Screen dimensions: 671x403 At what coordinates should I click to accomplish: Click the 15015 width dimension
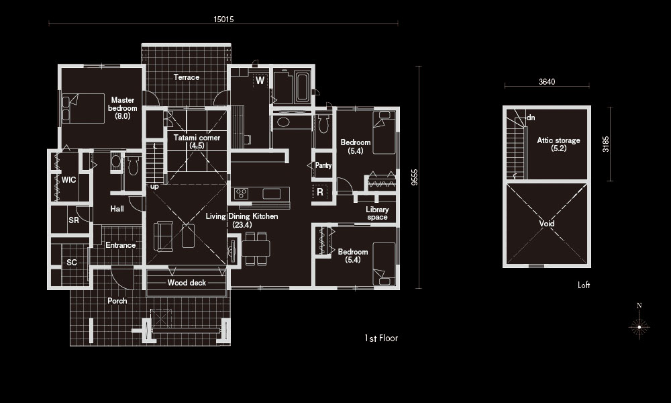pyautogui.click(x=223, y=19)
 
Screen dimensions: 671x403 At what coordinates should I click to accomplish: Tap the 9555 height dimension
pyautogui.click(x=414, y=177)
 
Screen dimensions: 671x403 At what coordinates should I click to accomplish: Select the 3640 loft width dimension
pyautogui.click(x=547, y=82)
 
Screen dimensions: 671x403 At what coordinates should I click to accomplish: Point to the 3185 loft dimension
pyautogui.click(x=605, y=144)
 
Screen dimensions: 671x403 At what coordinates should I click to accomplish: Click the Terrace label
pyautogui.click(x=186, y=77)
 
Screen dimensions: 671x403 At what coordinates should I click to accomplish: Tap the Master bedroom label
pyautogui.click(x=122, y=107)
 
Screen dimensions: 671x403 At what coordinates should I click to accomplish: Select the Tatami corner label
pyautogui.click(x=197, y=141)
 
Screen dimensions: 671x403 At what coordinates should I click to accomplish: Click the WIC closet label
pyautogui.click(x=69, y=180)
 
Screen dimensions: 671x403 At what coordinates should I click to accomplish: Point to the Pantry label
pyautogui.click(x=323, y=165)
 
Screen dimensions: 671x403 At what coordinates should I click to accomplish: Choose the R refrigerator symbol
pyautogui.click(x=320, y=192)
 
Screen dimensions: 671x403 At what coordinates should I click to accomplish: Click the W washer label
pyautogui.click(x=260, y=81)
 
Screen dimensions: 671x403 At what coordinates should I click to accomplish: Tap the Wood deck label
pyautogui.click(x=187, y=283)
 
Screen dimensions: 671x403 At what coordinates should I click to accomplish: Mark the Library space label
pyautogui.click(x=377, y=214)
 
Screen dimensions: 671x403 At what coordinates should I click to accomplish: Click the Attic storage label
pyautogui.click(x=558, y=144)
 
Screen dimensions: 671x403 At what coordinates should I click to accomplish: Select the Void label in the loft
pyautogui.click(x=547, y=224)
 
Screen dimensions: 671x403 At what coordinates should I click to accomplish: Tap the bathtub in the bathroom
pyautogui.click(x=303, y=88)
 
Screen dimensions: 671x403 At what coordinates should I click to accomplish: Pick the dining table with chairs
pyautogui.click(x=256, y=249)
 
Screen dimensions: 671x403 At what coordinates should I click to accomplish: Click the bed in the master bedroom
pyautogui.click(x=83, y=108)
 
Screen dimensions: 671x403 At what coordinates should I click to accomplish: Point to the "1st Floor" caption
pyautogui.click(x=381, y=338)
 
